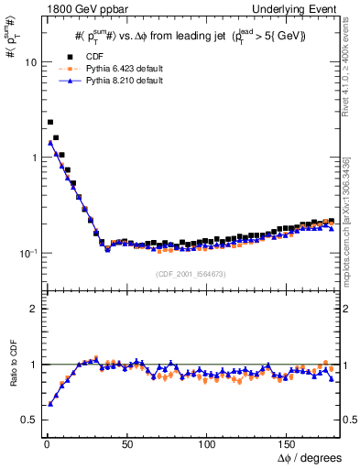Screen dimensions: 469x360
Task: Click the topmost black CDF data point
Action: click(50, 122)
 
